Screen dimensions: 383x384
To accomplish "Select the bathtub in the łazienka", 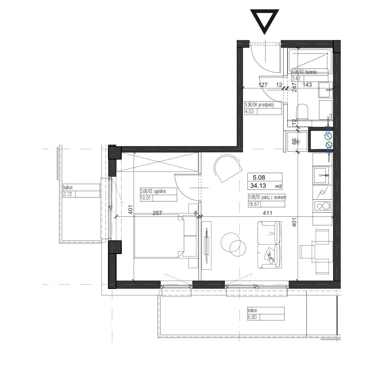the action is pyautogui.click(x=310, y=61).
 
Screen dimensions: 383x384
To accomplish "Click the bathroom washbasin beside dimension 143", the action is pyautogui.click(x=325, y=90).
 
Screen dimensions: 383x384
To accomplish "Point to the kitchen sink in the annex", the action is pyautogui.click(x=321, y=175).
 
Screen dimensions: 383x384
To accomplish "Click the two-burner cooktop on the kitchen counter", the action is pyautogui.click(x=322, y=206).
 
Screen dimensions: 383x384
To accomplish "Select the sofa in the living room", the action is pyautogui.click(x=270, y=245).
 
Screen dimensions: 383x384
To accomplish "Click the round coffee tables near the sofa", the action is pyautogui.click(x=233, y=245).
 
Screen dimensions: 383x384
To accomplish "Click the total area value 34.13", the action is pyautogui.click(x=258, y=186).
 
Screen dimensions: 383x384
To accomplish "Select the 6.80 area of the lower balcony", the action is pyautogui.click(x=252, y=317).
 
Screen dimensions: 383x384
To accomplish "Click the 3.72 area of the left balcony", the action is pyautogui.click(x=68, y=194).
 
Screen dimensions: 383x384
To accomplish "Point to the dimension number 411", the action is pyautogui.click(x=267, y=213).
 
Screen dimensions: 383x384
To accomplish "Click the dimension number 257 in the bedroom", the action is pyautogui.click(x=157, y=213).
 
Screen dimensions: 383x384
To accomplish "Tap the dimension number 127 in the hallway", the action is pyautogui.click(x=263, y=85).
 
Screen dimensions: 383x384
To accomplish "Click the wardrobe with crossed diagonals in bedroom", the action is pyautogui.click(x=158, y=162).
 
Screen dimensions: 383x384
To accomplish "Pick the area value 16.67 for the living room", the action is pyautogui.click(x=254, y=204).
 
